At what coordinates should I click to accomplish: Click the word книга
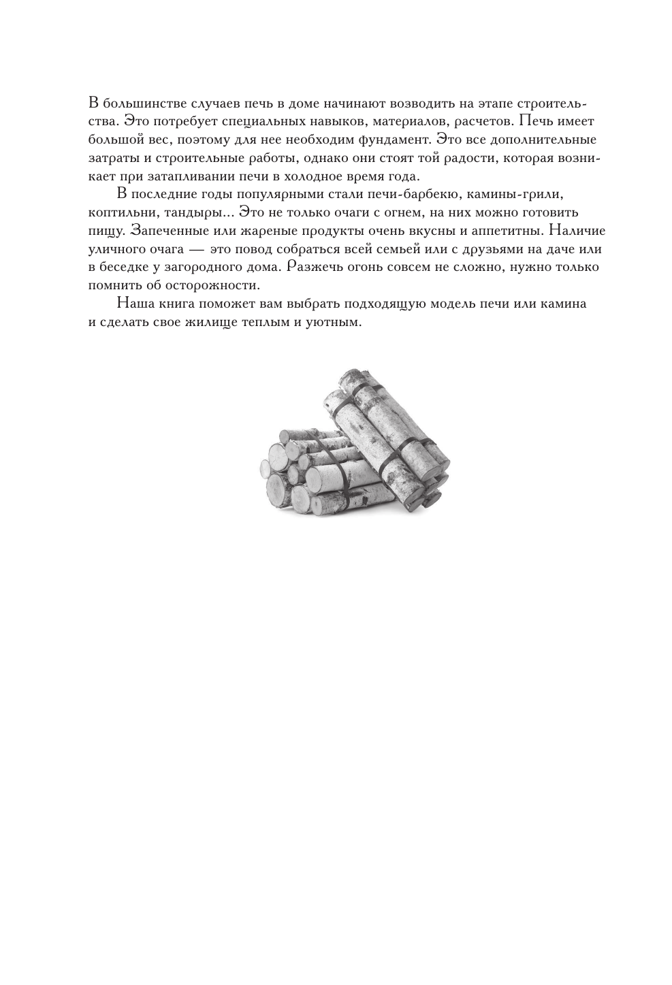[186, 304]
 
